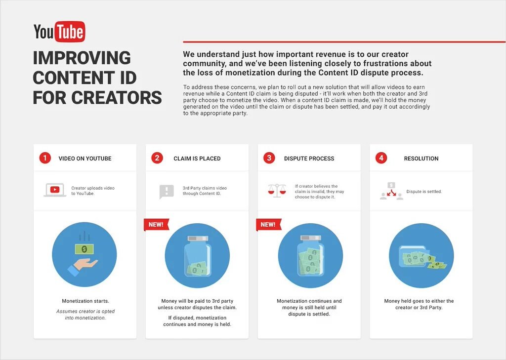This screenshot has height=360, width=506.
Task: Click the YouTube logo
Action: (59, 32)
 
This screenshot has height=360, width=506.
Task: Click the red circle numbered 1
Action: (45, 158)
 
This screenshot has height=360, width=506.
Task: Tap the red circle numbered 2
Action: (157, 158)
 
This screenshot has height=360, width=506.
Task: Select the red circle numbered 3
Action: (269, 158)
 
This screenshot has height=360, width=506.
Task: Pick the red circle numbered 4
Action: (381, 158)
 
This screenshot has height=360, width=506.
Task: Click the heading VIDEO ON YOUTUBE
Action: (85, 159)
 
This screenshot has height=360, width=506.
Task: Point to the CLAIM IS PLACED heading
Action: (197, 159)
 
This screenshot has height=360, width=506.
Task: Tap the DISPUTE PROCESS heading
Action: (309, 159)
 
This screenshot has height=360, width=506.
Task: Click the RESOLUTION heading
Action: (421, 159)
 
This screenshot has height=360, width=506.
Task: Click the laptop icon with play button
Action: (55, 190)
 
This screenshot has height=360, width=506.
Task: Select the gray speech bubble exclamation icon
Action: (167, 191)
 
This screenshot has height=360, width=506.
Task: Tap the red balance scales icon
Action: (277, 190)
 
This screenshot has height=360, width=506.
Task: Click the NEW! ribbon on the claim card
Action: (156, 225)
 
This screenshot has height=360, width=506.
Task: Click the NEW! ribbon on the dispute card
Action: (268, 225)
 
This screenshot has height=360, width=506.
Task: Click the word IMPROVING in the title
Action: (82, 58)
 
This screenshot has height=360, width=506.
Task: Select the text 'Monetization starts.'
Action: (85, 301)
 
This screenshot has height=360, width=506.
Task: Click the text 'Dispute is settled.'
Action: (424, 192)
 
